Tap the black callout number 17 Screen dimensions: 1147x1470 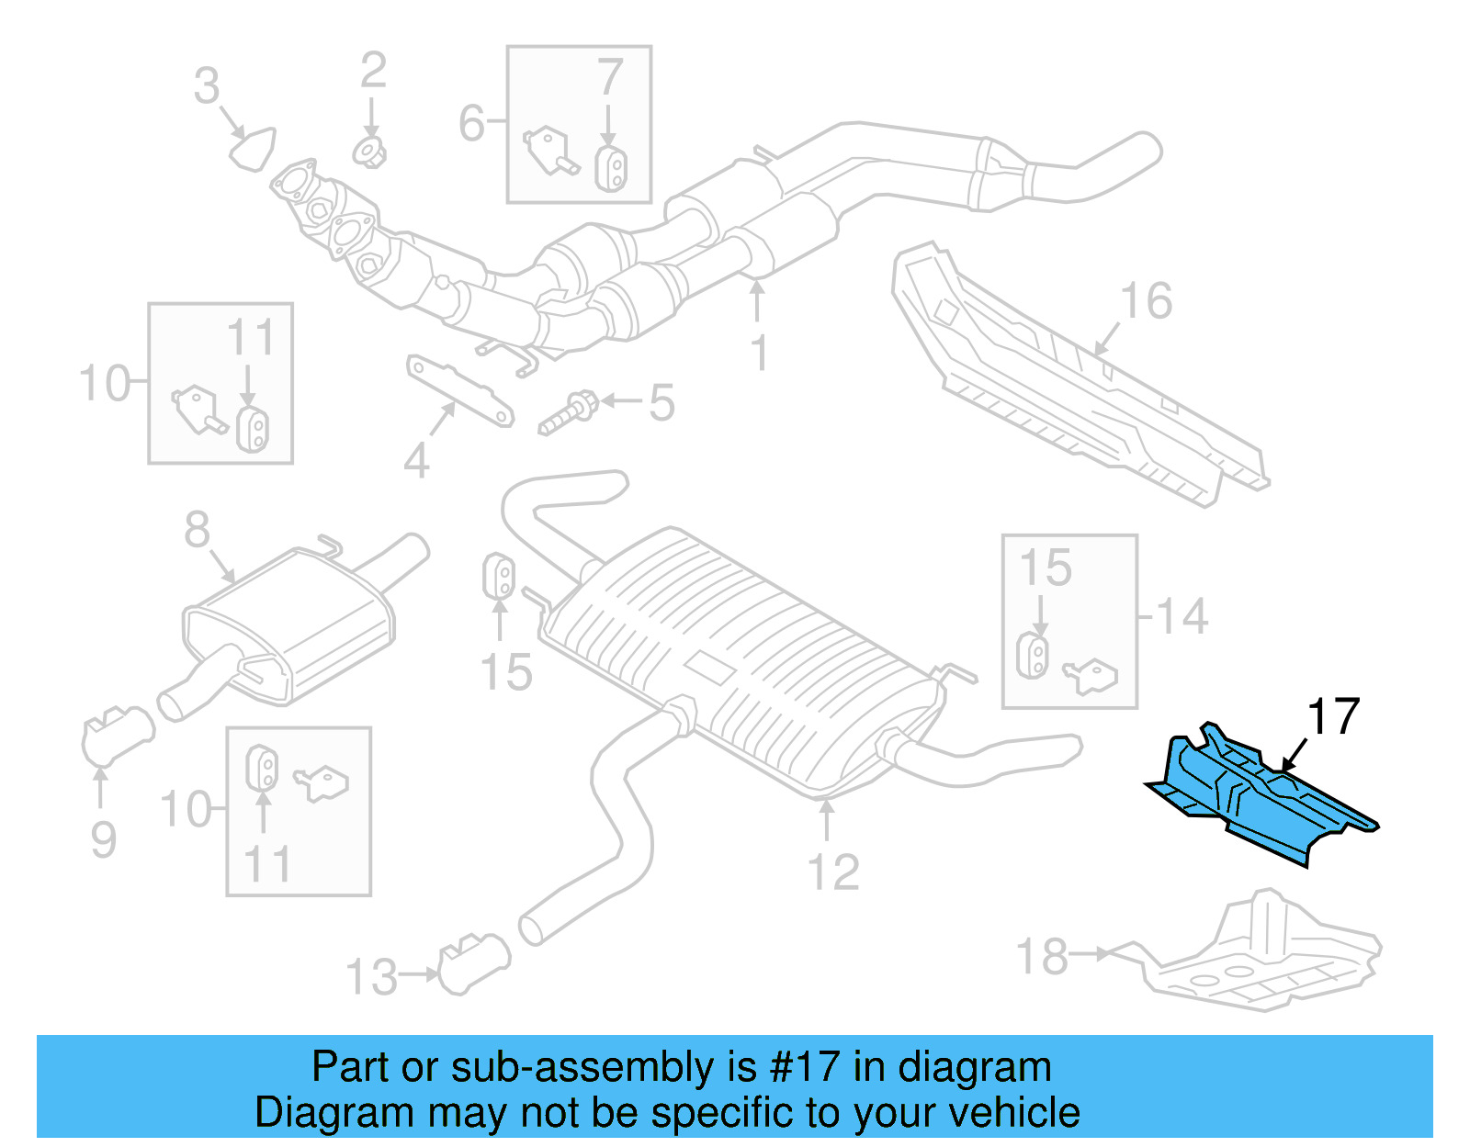pyautogui.click(x=1333, y=717)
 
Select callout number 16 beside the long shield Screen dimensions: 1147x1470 pyautogui.click(x=1147, y=301)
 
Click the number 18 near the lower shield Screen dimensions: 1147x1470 pyautogui.click(x=1043, y=956)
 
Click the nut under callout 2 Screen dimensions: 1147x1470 pyautogui.click(x=369, y=152)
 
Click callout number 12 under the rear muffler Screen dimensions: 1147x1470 pyautogui.click(x=833, y=872)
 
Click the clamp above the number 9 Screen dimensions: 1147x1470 pyautogui.click(x=118, y=735)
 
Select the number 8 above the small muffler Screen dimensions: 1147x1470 pyautogui.click(x=197, y=530)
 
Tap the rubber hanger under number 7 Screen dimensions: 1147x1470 pyautogui.click(x=610, y=169)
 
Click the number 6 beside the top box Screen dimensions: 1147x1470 pyautogui.click(x=471, y=123)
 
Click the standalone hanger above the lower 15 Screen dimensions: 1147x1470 pyautogui.click(x=499, y=576)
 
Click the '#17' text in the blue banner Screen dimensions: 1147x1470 pyautogui.click(x=805, y=1067)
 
